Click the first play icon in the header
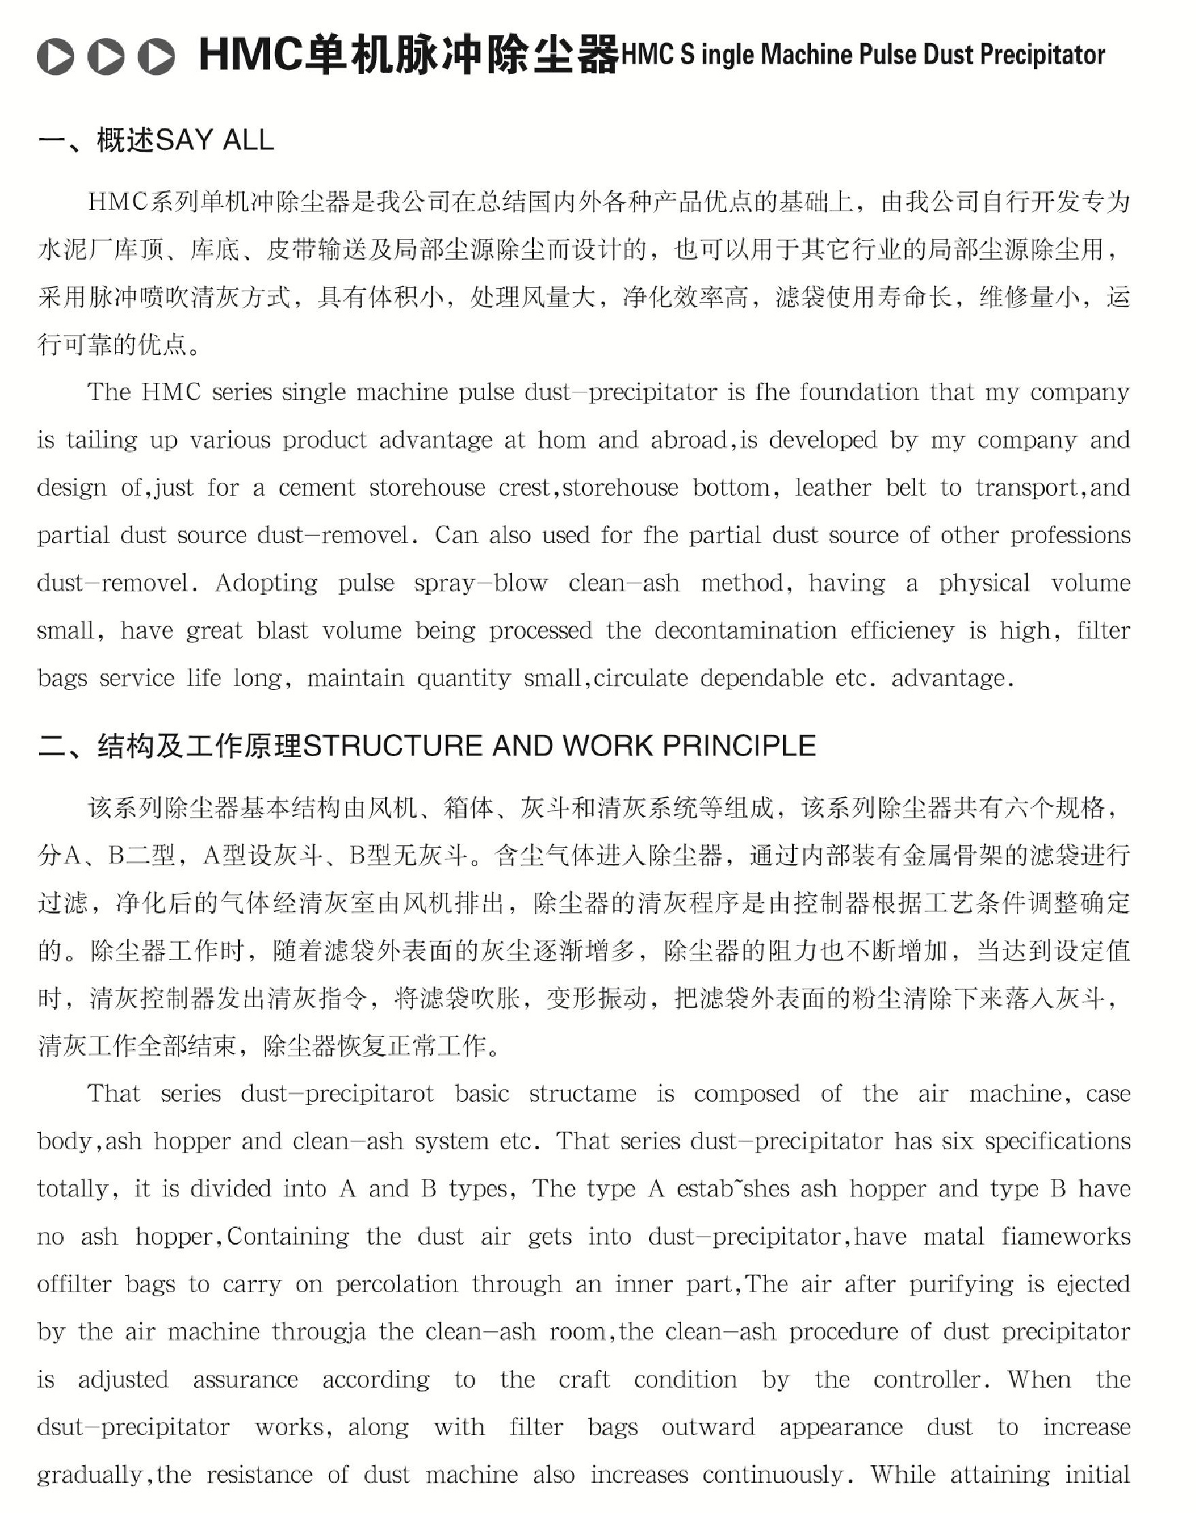[x=55, y=56]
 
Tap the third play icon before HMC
[x=156, y=56]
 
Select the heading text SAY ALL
[x=214, y=141]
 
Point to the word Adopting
[x=266, y=583]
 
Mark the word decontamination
[x=745, y=630]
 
